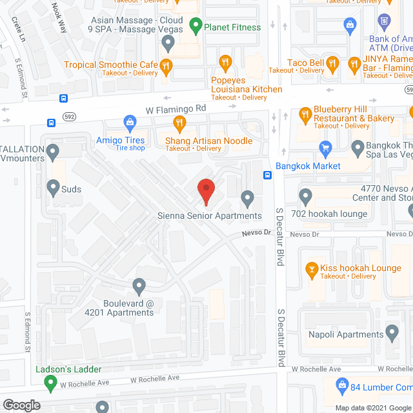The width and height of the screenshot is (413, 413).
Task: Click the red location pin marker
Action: click(205, 190)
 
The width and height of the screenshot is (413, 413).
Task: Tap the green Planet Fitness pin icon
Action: click(196, 27)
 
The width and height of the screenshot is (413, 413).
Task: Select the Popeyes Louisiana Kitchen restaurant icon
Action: click(225, 63)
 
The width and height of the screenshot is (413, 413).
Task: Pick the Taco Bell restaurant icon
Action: click(332, 63)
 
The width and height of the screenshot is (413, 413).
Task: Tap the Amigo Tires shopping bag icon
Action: click(130, 121)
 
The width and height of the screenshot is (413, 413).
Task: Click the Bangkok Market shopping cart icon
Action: click(326, 150)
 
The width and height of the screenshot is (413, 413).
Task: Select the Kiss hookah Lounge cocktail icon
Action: click(312, 268)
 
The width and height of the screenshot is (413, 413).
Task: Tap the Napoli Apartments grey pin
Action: click(392, 333)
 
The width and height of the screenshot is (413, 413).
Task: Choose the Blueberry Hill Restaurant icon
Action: click(305, 115)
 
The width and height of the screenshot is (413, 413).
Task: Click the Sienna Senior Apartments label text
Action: click(210, 216)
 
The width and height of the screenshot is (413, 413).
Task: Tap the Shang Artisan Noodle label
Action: click(208, 141)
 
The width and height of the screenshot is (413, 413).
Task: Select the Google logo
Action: click(21, 405)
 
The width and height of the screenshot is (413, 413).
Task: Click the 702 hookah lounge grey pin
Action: click(306, 195)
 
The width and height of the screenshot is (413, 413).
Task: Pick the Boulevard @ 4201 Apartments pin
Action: click(139, 285)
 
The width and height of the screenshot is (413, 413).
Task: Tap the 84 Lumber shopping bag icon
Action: click(343, 387)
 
